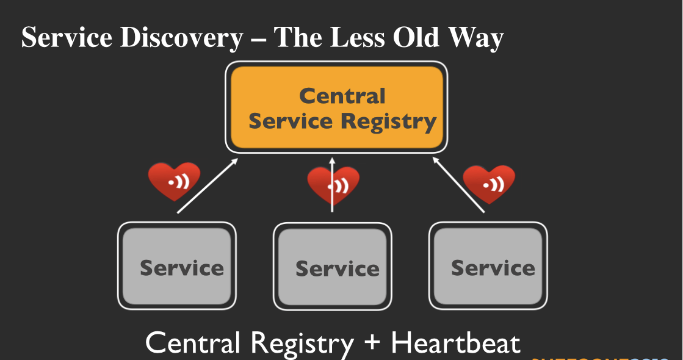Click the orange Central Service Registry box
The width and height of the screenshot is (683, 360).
point(336,109)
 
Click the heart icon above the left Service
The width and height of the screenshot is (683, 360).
point(174,181)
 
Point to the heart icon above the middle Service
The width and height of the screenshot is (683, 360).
point(333,184)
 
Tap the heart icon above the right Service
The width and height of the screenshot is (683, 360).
point(489,183)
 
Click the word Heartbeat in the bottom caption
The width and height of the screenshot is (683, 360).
point(455,343)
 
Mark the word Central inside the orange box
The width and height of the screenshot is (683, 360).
point(342,96)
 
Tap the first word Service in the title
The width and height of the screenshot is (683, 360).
point(67,38)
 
